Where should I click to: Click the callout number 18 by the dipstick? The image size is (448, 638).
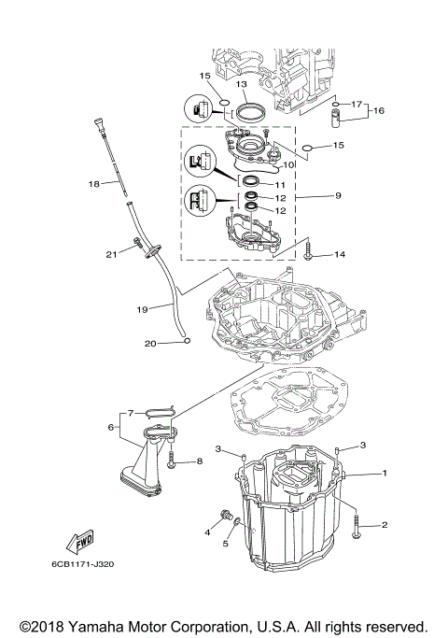(x=92, y=184)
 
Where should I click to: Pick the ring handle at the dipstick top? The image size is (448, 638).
(x=96, y=121)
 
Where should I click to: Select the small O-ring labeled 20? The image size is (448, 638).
(x=188, y=341)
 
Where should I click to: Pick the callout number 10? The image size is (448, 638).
(x=289, y=164)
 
